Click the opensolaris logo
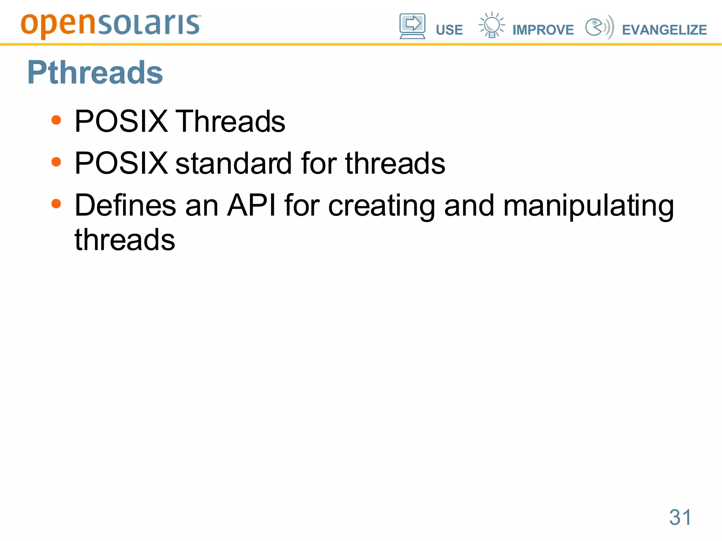pyautogui.click(x=111, y=25)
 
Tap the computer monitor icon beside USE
pyautogui.click(x=412, y=26)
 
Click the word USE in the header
pyautogui.click(x=449, y=30)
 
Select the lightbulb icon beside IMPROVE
pyautogui.click(x=491, y=25)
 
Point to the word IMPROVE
pyautogui.click(x=543, y=30)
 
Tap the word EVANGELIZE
pyautogui.click(x=664, y=30)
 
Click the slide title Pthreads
pyautogui.click(x=95, y=73)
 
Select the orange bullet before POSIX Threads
pyautogui.click(x=56, y=120)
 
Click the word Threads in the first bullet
pyautogui.click(x=230, y=121)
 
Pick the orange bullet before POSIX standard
pyautogui.click(x=56, y=162)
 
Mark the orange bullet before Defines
pyautogui.click(x=56, y=204)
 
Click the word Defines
pyautogui.click(x=125, y=205)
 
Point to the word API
pyautogui.click(x=251, y=205)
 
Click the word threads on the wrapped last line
pyautogui.click(x=125, y=240)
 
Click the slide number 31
pyautogui.click(x=680, y=517)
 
